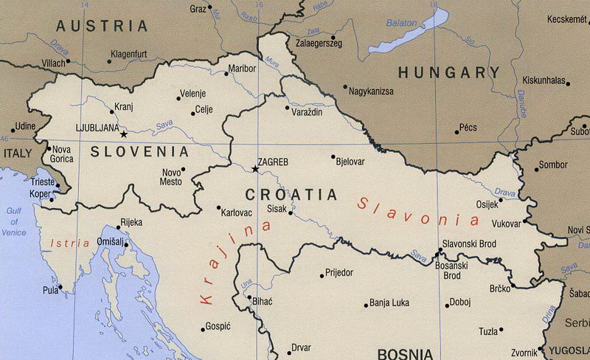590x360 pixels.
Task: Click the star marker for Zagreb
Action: (x=255, y=169)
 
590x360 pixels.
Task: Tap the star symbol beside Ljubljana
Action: (x=123, y=134)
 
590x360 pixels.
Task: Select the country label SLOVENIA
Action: (x=139, y=152)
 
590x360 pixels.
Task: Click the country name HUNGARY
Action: (x=448, y=72)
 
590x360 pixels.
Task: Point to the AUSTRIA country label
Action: (x=103, y=26)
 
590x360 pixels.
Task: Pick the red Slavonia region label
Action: (x=418, y=209)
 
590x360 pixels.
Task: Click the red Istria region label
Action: (x=72, y=242)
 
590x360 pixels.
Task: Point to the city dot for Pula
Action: (x=60, y=288)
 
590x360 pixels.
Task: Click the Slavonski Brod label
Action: (x=468, y=243)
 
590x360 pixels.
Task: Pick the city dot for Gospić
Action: (x=203, y=329)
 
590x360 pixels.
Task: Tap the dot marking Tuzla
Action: (x=502, y=330)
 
